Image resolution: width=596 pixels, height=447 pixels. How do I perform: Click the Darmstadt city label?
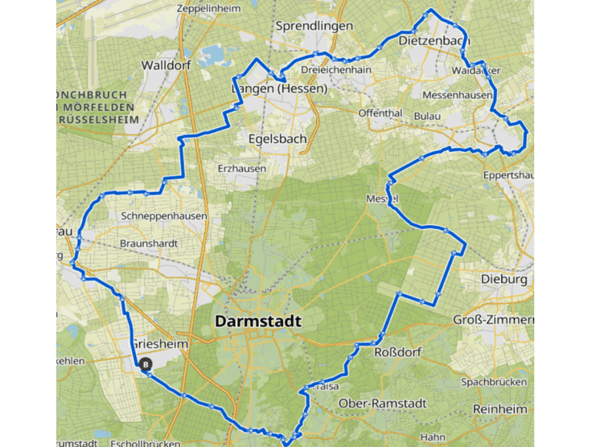click(258, 322)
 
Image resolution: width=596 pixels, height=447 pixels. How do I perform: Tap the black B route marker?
click(146, 364)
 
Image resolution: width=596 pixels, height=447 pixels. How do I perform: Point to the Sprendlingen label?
click(314, 27)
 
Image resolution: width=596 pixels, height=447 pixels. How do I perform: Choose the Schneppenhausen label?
click(163, 216)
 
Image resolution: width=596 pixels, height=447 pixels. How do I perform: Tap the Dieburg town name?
click(504, 280)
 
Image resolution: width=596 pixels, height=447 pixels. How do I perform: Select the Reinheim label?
click(500, 409)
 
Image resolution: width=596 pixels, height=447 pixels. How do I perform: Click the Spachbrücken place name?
click(494, 381)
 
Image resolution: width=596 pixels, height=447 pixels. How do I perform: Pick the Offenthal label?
click(380, 113)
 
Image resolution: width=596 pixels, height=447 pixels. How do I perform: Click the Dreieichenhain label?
click(336, 70)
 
